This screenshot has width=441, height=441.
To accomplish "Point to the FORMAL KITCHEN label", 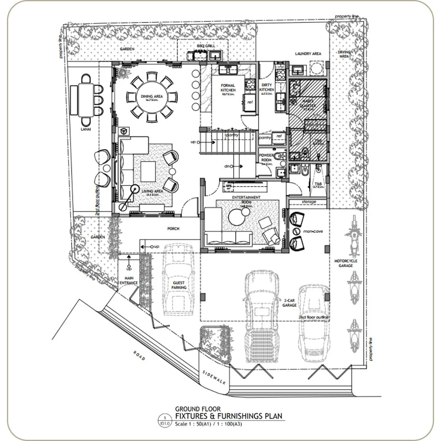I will tap(228, 88).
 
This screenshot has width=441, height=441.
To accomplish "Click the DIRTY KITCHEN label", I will tap(267, 88).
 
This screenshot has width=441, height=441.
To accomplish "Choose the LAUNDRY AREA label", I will tap(308, 53).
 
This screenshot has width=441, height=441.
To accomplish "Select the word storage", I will tap(309, 202).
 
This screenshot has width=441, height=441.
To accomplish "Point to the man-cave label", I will tap(313, 231).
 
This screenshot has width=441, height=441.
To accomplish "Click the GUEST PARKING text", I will tap(178, 285).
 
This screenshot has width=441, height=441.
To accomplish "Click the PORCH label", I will tap(173, 229).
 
